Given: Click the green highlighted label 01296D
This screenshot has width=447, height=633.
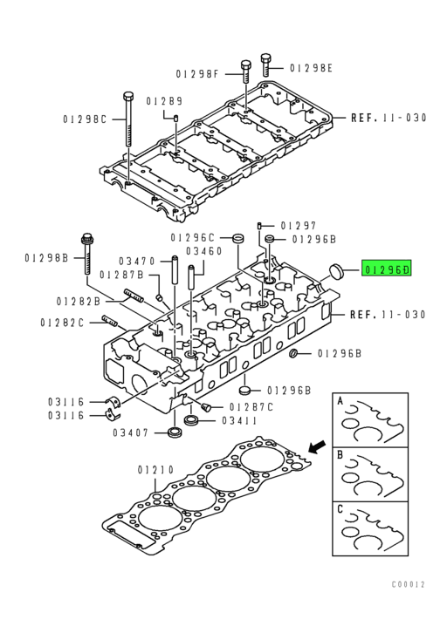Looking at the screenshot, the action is click(x=386, y=269).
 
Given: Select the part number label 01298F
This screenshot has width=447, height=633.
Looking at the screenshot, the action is click(x=196, y=74).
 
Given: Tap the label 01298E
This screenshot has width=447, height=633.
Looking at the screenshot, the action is click(x=311, y=68).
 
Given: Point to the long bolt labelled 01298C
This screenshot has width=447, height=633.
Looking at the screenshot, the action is click(x=127, y=119).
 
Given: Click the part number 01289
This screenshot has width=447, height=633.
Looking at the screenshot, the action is click(x=164, y=101).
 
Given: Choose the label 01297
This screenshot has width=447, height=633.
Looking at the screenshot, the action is click(x=299, y=225).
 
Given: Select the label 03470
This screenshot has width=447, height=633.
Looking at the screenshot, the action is click(x=137, y=262).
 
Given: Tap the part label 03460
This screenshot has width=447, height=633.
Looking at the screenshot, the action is click(x=204, y=251).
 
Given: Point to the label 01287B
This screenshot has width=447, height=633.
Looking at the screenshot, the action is click(x=121, y=275).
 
